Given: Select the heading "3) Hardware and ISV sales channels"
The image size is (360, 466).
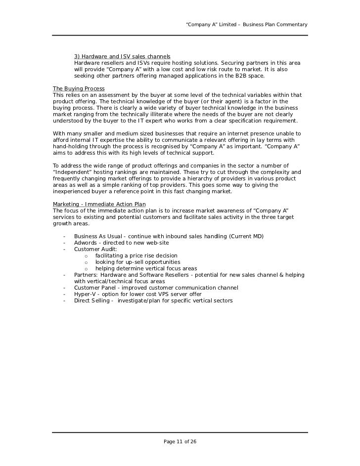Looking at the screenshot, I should [122, 57].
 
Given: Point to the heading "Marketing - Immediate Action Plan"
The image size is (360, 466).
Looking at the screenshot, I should [99, 204].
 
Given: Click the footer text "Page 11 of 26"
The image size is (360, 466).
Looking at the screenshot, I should [180, 441].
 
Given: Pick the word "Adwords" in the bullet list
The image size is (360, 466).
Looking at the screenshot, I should [86, 243].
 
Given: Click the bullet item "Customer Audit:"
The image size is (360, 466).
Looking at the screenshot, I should [95, 250].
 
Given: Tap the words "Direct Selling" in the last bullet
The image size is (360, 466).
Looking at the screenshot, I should [92, 300].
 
